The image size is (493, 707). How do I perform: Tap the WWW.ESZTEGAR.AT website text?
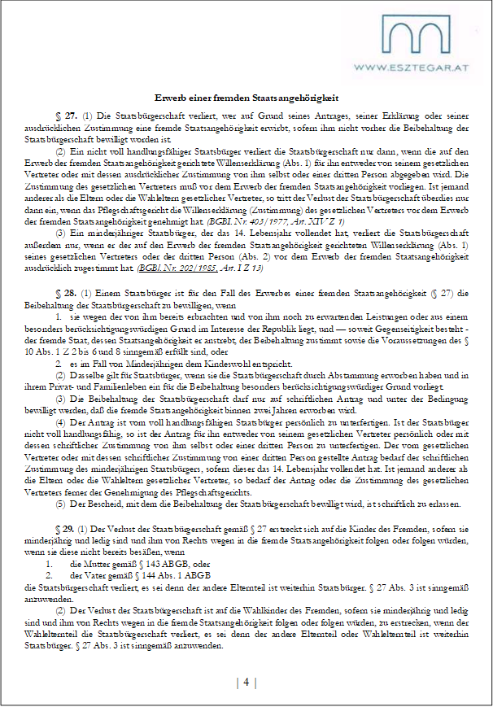tap(415, 70)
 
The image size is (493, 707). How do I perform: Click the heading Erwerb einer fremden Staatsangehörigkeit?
tap(246, 98)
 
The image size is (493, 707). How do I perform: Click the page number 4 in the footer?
tap(246, 682)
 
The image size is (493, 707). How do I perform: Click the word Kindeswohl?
tap(210, 365)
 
